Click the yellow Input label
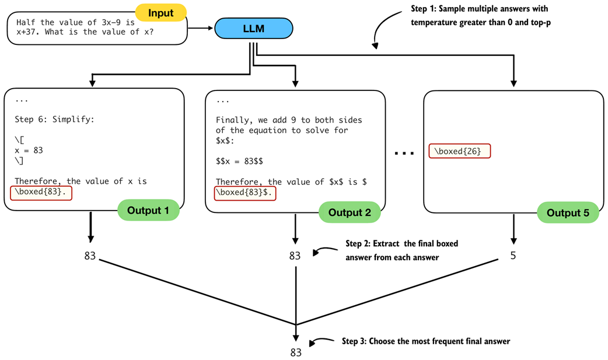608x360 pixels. pyautogui.click(x=160, y=12)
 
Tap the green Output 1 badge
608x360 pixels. pyautogui.click(x=148, y=211)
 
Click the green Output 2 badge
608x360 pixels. pyautogui.click(x=350, y=212)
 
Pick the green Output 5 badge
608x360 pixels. pyautogui.click(x=567, y=213)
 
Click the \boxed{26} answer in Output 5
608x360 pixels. pyautogui.click(x=460, y=151)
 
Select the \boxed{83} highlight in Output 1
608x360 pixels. pyautogui.click(x=41, y=192)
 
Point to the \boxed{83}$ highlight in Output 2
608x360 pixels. pyautogui.click(x=244, y=193)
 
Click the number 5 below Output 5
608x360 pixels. pyautogui.click(x=513, y=256)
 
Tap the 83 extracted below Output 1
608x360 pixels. pyautogui.click(x=90, y=256)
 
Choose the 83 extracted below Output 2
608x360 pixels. pyautogui.click(x=295, y=256)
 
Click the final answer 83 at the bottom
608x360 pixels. pyautogui.click(x=296, y=352)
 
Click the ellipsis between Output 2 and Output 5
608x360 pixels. pyautogui.click(x=404, y=153)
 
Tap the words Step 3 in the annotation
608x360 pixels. pyautogui.click(x=354, y=341)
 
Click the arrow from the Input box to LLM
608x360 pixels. pyautogui.click(x=201, y=27)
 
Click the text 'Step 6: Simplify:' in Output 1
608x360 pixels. pyautogui.click(x=54, y=120)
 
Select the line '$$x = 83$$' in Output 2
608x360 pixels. pyautogui.click(x=239, y=161)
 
